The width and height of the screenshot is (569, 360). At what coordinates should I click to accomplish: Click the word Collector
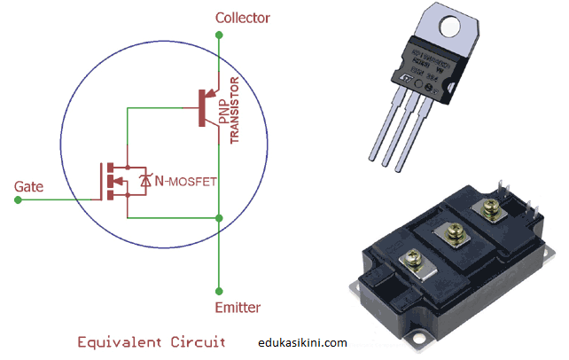(243, 18)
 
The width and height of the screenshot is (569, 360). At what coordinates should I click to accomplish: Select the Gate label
(29, 187)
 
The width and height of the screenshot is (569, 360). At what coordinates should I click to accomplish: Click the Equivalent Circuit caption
(152, 340)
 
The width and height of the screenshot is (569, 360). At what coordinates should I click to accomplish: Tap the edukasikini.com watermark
(301, 341)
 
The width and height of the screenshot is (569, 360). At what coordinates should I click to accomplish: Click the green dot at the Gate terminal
(19, 200)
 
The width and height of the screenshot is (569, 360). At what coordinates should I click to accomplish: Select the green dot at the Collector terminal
(218, 35)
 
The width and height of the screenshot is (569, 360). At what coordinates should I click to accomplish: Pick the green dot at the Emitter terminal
(218, 289)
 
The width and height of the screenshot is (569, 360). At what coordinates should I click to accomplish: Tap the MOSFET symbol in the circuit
(116, 181)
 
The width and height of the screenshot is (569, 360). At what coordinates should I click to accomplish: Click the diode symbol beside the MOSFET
(145, 182)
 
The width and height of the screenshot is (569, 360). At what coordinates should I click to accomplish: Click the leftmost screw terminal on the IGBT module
(413, 259)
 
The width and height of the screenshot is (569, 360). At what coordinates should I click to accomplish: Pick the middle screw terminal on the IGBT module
(447, 233)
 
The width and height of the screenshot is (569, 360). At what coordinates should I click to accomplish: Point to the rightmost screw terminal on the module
(487, 209)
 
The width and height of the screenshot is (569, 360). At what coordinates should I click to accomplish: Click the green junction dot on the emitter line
(218, 217)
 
